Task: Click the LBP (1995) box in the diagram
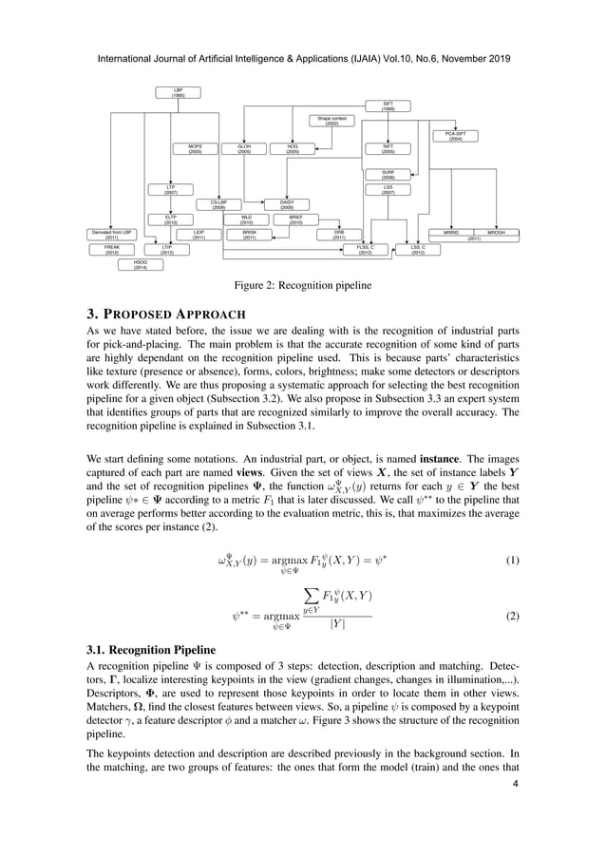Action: (178, 93)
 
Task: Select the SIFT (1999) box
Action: (388, 106)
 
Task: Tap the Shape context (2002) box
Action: (332, 121)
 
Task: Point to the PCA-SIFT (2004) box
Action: (455, 136)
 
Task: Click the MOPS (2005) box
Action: (195, 148)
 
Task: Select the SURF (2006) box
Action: (388, 175)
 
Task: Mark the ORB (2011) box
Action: (338, 234)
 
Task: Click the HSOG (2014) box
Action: (141, 265)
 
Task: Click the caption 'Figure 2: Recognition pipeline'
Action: (302, 284)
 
